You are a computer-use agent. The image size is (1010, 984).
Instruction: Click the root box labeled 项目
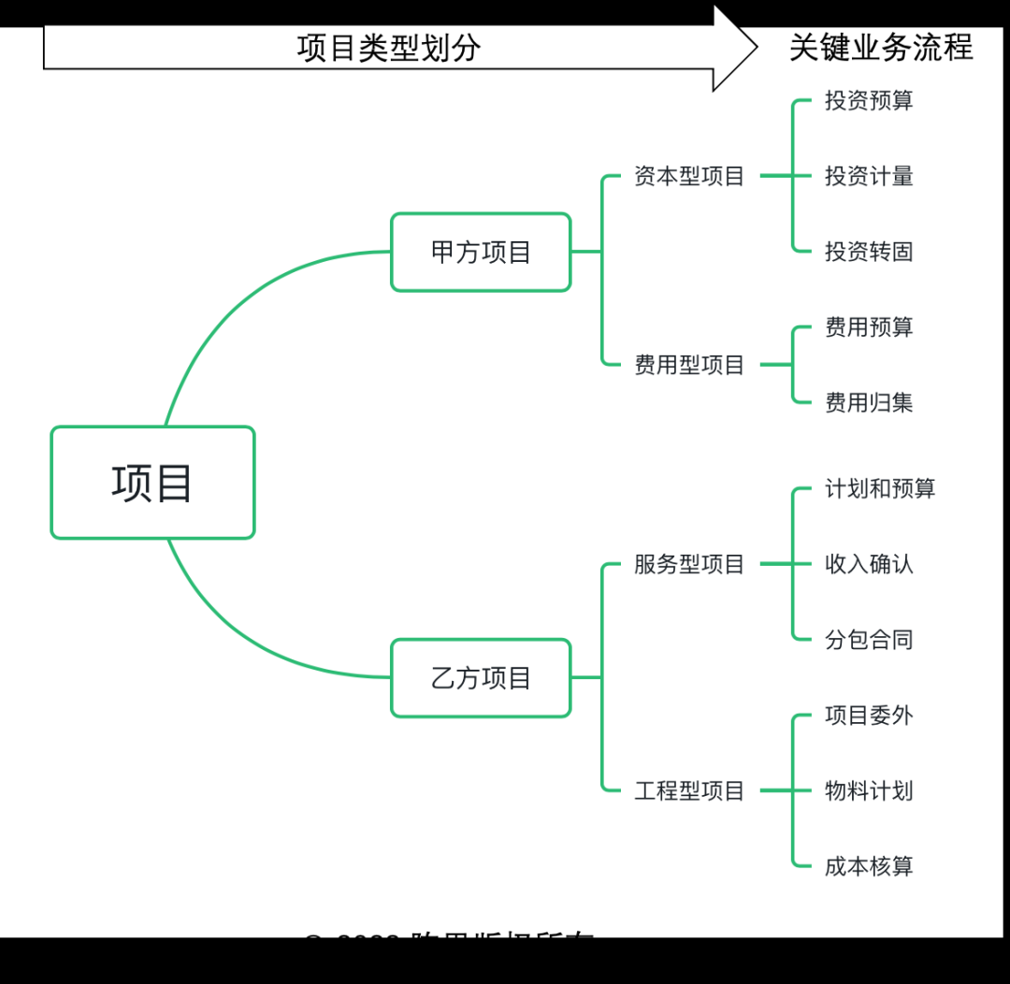point(152,483)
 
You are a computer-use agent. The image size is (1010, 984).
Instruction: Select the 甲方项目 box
point(481,252)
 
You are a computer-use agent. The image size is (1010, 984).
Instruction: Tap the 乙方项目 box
point(481,678)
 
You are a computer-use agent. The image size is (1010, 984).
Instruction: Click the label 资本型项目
point(689,176)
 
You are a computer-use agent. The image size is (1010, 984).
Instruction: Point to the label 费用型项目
point(689,365)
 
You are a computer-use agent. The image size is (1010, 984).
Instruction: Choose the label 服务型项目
point(689,564)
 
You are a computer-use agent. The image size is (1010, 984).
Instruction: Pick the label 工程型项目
point(689,791)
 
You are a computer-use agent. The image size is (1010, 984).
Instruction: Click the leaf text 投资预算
point(869,101)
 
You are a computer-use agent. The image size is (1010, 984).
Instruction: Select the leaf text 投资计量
point(869,176)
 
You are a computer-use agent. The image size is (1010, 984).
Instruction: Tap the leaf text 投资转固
point(869,252)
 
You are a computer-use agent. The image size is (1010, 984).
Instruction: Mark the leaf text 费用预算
point(869,327)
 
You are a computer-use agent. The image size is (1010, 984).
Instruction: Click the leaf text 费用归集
point(869,403)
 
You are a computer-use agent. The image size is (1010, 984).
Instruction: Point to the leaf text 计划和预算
point(880,488)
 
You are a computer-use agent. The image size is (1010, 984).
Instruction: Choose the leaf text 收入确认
point(869,564)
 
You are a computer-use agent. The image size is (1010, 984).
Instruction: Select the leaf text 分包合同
point(869,640)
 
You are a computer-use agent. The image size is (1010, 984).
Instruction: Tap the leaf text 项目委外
point(869,716)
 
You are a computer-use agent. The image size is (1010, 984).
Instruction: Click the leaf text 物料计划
point(869,791)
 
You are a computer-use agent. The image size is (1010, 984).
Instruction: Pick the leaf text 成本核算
point(869,866)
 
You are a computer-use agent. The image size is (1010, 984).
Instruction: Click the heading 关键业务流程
point(881,47)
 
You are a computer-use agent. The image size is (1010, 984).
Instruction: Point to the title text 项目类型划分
point(389,48)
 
